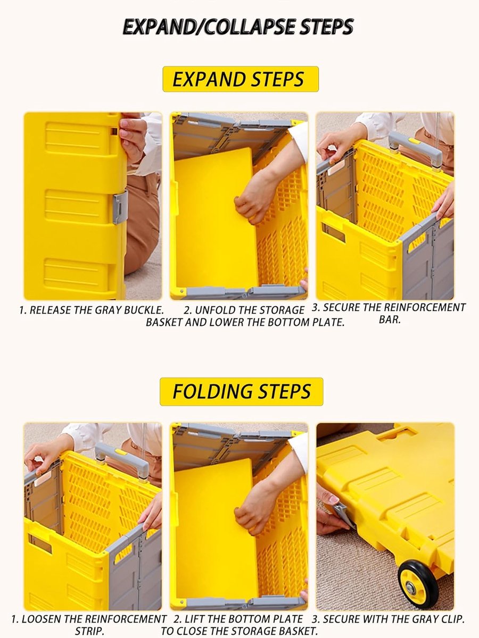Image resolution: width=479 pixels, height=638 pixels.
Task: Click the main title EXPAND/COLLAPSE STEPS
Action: pyautogui.click(x=238, y=27)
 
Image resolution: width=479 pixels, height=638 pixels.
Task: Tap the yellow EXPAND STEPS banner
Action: pyautogui.click(x=241, y=79)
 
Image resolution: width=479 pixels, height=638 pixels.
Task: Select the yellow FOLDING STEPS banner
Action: pyautogui.click(x=242, y=391)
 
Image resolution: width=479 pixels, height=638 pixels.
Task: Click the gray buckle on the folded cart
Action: pyautogui.click(x=120, y=207)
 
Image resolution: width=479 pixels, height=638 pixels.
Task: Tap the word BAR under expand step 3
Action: pyautogui.click(x=390, y=320)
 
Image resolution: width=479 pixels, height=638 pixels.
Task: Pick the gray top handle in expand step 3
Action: pyautogui.click(x=415, y=148)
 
